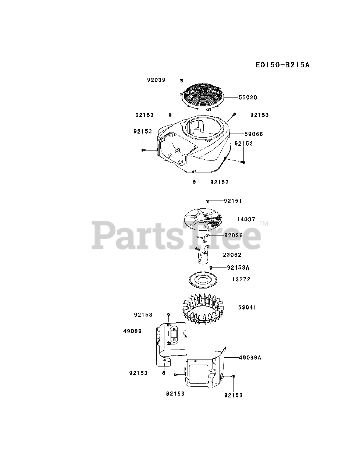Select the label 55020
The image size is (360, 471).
point(247,98)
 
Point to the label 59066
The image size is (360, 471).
point(253,134)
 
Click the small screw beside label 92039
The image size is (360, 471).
point(182,80)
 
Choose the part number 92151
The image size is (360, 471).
point(233,201)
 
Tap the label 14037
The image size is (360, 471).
point(246,219)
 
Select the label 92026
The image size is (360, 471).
point(233,235)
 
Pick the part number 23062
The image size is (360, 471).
point(232,255)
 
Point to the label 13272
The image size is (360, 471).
point(241,279)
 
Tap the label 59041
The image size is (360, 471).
point(247,307)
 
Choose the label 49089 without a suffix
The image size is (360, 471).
point(132,331)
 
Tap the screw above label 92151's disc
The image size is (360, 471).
point(208,201)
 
